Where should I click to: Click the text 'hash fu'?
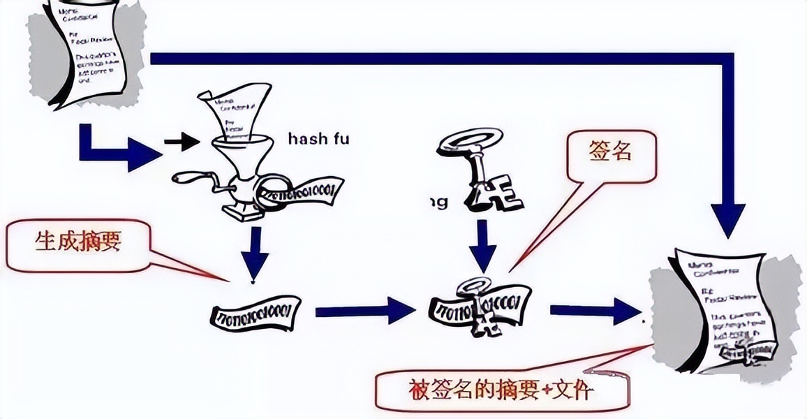pos(318,139)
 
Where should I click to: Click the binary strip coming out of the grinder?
pos(304,192)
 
